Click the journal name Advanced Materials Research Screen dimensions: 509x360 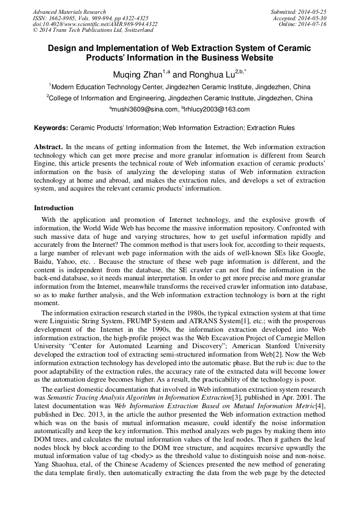(x=69, y=12)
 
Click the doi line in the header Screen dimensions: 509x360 (x=95, y=24)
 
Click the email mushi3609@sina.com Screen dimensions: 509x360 (x=144, y=109)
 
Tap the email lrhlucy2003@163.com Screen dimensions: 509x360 (x=217, y=109)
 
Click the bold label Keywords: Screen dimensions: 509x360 (x=51, y=128)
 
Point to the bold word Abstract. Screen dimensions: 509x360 (x=48, y=146)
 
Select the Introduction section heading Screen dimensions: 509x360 (x=54, y=208)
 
